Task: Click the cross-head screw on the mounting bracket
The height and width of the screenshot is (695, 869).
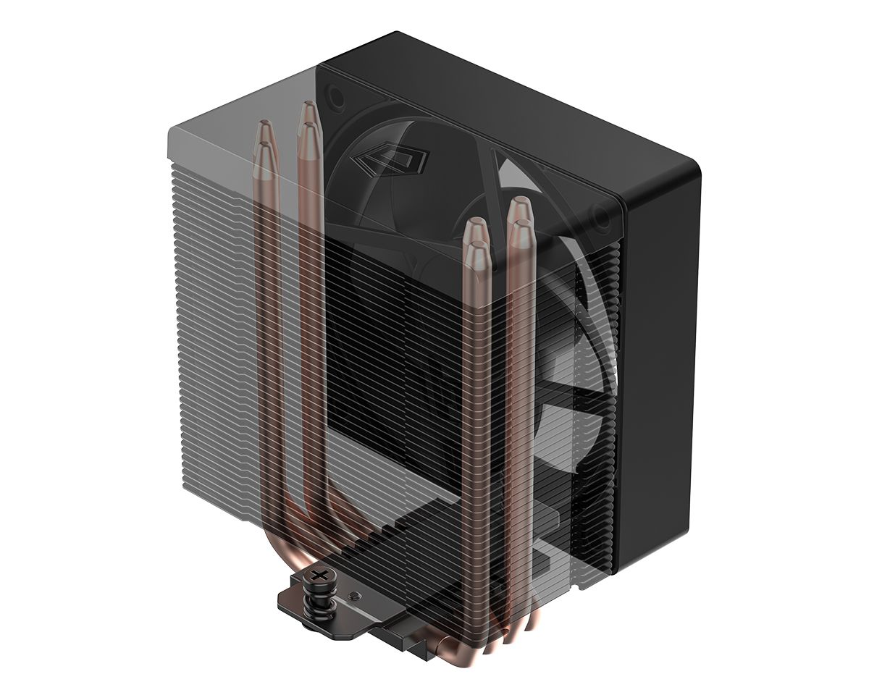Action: tap(319, 576)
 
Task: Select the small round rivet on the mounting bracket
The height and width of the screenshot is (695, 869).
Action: tap(352, 595)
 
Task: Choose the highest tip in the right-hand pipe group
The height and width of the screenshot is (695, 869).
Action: tap(519, 206)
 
